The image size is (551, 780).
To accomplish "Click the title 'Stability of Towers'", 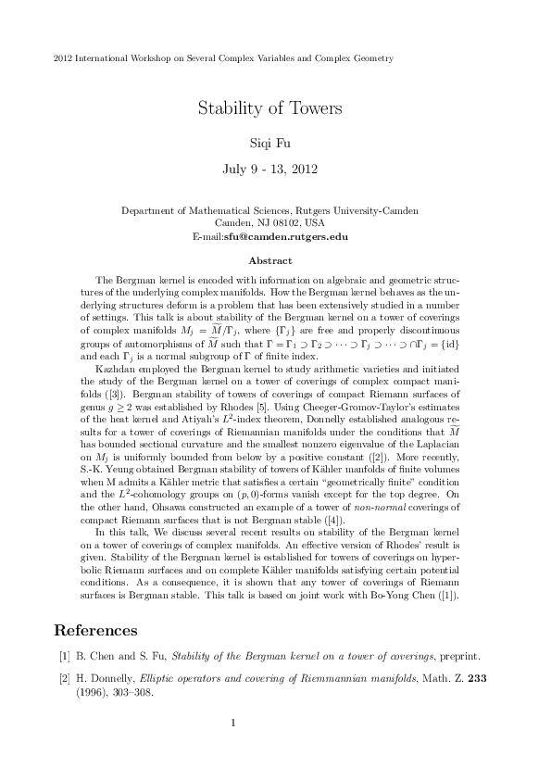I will [x=270, y=108].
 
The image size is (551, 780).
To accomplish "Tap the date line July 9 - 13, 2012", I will [x=270, y=170].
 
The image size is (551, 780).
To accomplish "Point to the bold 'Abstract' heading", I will [x=269, y=261].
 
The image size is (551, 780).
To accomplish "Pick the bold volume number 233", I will [x=476, y=678].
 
